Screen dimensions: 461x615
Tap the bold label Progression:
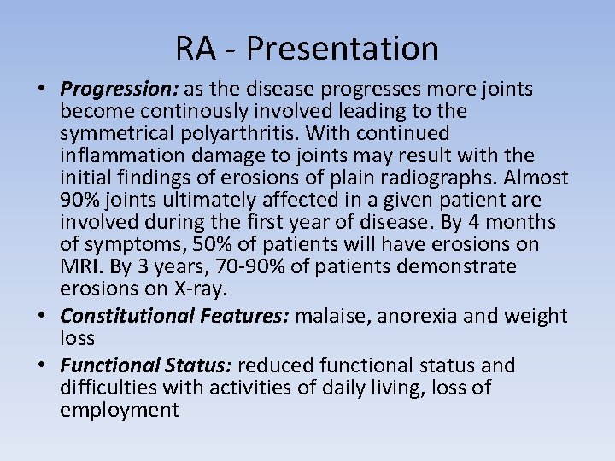point(114,89)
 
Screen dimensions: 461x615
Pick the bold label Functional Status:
point(146,365)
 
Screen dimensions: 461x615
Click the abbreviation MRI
point(79,266)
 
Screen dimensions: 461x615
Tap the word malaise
point(332,316)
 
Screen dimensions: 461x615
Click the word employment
point(120,410)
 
